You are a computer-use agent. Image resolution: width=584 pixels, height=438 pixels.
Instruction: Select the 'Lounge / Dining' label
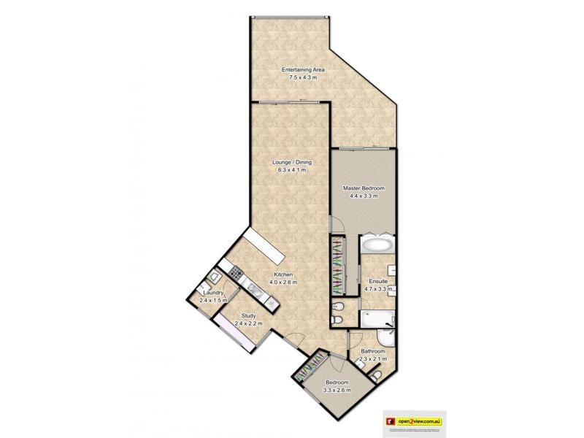(291, 163)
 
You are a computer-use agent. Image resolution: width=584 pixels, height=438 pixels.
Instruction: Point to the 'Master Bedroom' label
(364, 188)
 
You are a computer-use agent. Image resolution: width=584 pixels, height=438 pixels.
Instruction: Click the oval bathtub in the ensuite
(377, 244)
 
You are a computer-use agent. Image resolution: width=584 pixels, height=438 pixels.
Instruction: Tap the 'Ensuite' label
(378, 281)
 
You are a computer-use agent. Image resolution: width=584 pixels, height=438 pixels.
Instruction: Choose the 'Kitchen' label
(285, 274)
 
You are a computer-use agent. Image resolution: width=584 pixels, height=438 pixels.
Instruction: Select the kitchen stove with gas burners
(236, 273)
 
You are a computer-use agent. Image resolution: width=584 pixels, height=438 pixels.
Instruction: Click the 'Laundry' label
(213, 293)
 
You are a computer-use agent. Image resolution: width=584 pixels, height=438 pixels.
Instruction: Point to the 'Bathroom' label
(372, 352)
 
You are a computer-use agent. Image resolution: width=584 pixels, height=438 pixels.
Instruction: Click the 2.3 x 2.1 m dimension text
(372, 358)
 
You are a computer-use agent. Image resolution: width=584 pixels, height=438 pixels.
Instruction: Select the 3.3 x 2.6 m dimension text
(337, 390)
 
